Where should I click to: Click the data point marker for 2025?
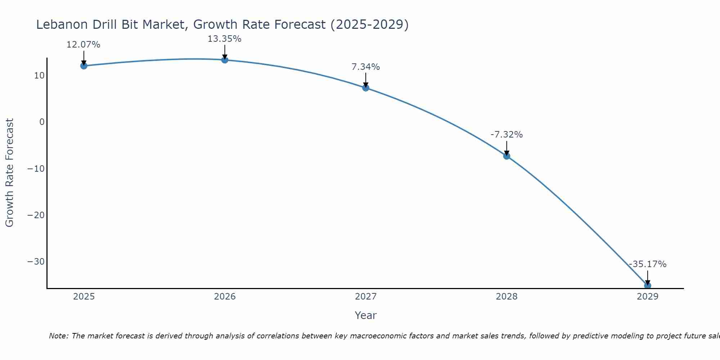(84, 66)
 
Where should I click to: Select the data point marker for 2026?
(225, 60)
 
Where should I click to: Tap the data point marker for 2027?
(366, 87)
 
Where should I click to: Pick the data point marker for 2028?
(507, 156)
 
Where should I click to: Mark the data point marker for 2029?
(647, 285)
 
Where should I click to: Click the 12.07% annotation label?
(83, 45)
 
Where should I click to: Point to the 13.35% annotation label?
(224, 39)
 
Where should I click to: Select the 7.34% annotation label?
(365, 67)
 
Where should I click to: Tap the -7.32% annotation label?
(506, 135)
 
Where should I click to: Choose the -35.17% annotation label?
(647, 264)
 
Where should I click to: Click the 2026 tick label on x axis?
(225, 297)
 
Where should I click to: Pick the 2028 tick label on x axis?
(507, 297)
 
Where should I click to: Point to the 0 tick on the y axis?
(42, 122)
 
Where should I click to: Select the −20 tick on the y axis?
(36, 215)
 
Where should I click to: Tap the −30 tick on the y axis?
(36, 261)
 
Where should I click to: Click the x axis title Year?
(365, 315)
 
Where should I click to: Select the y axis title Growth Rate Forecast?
(9, 172)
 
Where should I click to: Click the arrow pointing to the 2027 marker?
(366, 80)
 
